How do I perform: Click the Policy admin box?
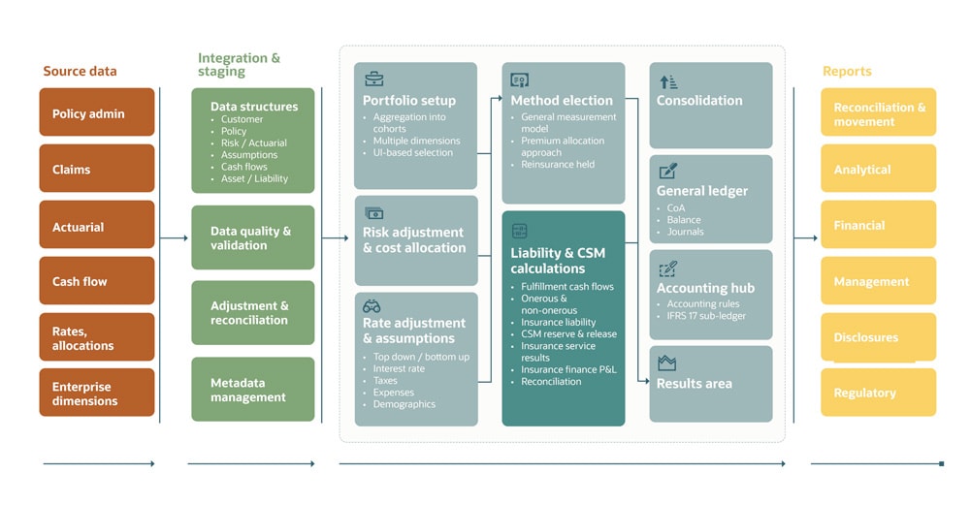[x=97, y=112]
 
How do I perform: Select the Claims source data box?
[x=97, y=169]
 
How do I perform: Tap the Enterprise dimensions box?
[x=97, y=393]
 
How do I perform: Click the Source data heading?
[x=80, y=71]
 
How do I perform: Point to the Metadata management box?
[x=252, y=390]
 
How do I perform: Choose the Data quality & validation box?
[x=252, y=237]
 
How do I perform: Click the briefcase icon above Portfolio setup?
[x=373, y=79]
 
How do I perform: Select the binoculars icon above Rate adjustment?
[x=372, y=305]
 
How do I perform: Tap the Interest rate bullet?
[x=399, y=369]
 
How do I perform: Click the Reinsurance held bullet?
[x=558, y=164]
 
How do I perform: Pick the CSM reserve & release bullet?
[x=568, y=333]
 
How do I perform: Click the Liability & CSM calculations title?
[x=558, y=260]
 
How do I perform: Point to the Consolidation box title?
[x=699, y=100]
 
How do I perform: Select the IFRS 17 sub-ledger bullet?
[x=706, y=315]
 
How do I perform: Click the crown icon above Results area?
[x=666, y=363]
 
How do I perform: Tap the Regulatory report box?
[x=879, y=393]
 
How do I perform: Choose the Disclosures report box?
[x=879, y=337]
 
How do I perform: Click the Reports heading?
[x=847, y=71]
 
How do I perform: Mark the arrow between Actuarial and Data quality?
[x=174, y=237]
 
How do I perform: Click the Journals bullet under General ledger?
[x=686, y=232]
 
